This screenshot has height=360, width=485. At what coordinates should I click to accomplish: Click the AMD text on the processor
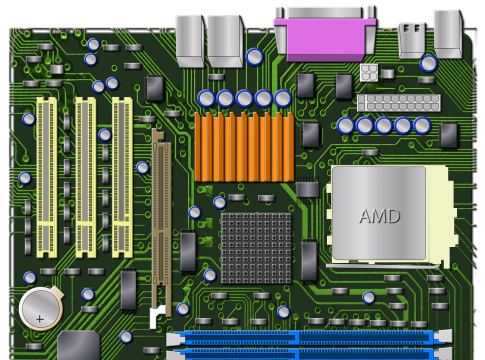[380, 216]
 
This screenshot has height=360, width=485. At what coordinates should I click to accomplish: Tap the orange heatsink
[244, 147]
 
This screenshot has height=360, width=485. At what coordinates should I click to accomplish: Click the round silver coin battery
[41, 309]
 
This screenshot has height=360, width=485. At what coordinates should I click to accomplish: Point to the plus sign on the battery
[40, 319]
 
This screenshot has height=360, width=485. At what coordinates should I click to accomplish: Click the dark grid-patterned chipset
[256, 248]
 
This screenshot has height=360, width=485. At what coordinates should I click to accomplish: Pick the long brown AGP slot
[162, 222]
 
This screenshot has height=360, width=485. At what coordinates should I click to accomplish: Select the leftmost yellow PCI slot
[47, 177]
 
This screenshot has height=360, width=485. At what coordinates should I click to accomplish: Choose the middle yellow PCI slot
[86, 177]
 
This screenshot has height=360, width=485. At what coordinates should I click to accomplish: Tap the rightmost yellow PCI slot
[122, 177]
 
